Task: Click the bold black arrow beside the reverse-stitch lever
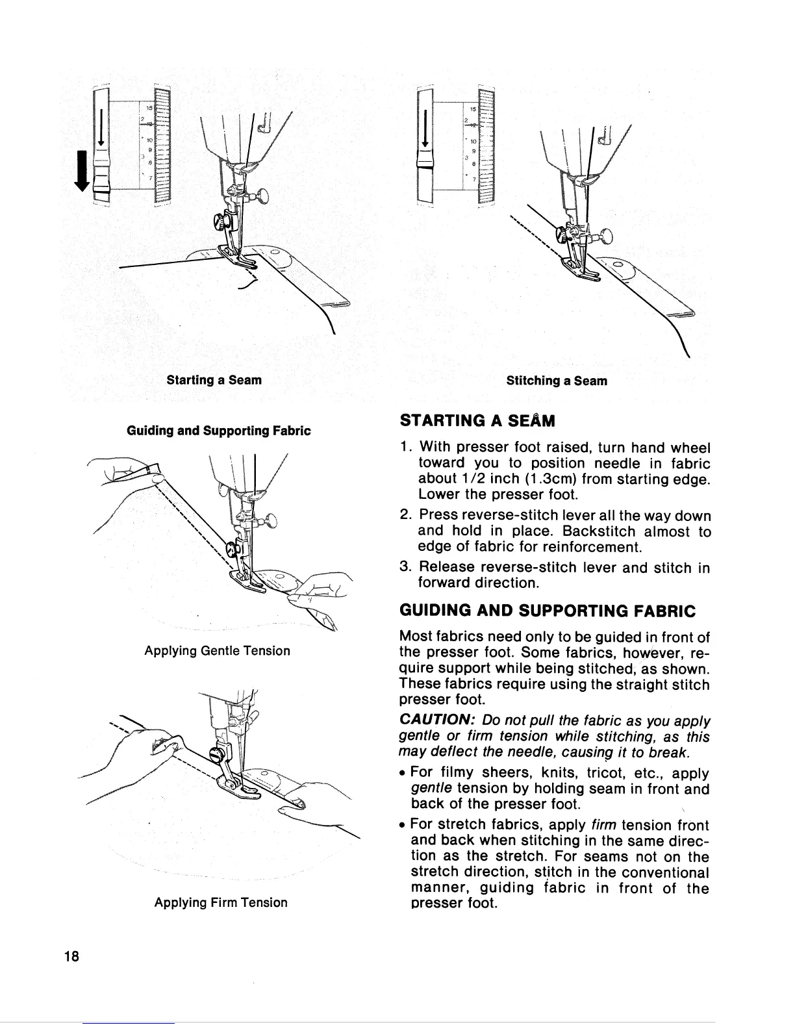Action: click(83, 171)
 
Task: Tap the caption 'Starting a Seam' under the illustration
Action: click(214, 379)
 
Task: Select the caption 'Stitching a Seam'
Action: click(557, 381)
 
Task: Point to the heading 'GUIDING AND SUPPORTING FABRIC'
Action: click(547, 611)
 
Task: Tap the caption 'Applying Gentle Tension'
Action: click(217, 650)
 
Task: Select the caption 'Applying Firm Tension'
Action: click(221, 902)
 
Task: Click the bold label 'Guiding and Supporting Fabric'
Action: click(218, 431)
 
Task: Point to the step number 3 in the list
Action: click(403, 568)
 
